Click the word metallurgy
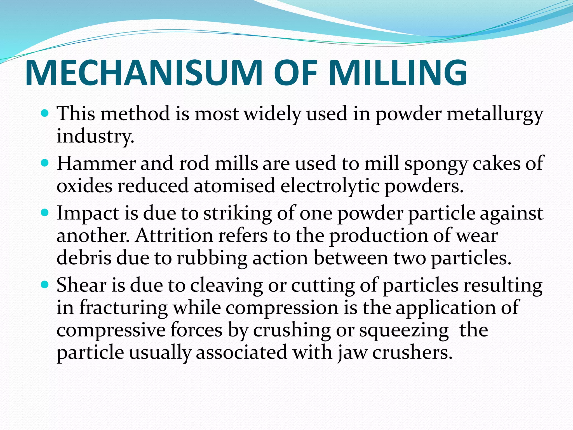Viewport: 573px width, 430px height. [x=495, y=115]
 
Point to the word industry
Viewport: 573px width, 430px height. [x=95, y=137]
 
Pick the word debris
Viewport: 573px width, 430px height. [x=84, y=258]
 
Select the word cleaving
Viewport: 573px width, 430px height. [x=226, y=286]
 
